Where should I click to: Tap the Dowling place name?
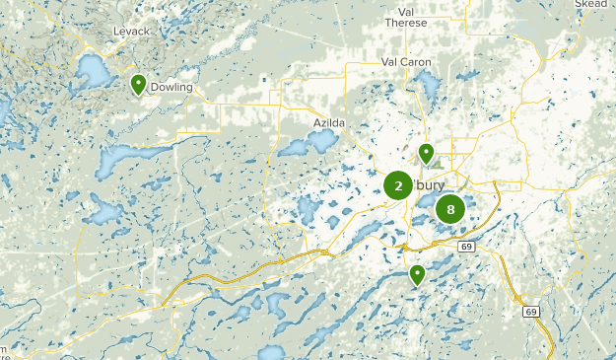click(x=171, y=87)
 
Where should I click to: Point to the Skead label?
click(x=591, y=4)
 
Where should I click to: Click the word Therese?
click(x=406, y=24)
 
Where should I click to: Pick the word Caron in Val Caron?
click(x=417, y=62)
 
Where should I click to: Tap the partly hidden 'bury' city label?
click(x=431, y=184)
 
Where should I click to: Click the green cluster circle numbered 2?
click(x=398, y=185)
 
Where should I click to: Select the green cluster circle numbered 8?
click(x=450, y=208)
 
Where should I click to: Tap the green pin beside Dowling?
click(x=139, y=84)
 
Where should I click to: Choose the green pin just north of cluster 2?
click(x=426, y=153)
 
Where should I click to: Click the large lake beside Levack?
click(x=95, y=70)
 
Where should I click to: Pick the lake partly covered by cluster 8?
click(x=430, y=204)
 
